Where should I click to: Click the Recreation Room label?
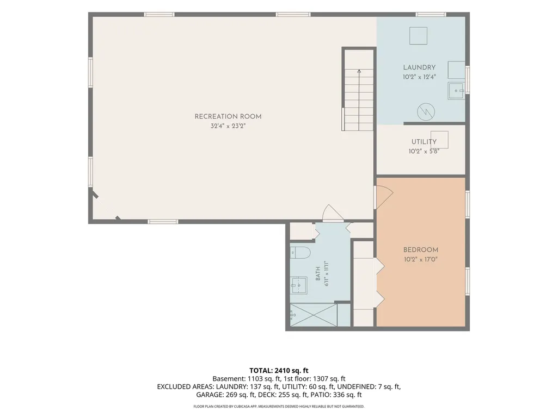[x=228, y=116]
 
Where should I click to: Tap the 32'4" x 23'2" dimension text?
[x=228, y=126]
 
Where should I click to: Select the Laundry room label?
[x=419, y=67]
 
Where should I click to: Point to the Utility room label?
[x=424, y=141]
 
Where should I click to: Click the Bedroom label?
[x=421, y=249]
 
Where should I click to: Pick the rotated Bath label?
[x=318, y=274]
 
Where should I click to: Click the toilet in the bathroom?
[x=300, y=252]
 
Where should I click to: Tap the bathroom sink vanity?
[x=298, y=285]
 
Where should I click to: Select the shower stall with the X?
[x=313, y=315]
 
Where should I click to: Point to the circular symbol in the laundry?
[x=426, y=111]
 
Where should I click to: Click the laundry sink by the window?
[x=456, y=91]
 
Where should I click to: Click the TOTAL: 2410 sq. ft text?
[x=279, y=370]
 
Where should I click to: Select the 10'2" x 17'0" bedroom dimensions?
[x=421, y=259]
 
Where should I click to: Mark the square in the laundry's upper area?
[x=418, y=36]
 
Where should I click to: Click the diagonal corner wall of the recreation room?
[x=106, y=205]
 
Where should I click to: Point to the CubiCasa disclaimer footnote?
[x=279, y=406]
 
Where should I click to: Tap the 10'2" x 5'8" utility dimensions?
[x=424, y=152]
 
